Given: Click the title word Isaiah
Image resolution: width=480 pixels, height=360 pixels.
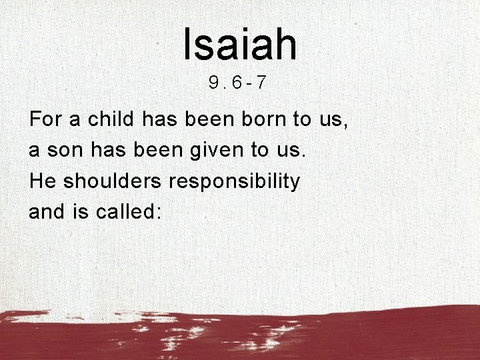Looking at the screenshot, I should [239, 43].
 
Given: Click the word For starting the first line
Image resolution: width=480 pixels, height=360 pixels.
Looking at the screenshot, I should [44, 120].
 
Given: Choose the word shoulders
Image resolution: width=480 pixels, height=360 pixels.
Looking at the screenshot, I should [101, 181].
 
